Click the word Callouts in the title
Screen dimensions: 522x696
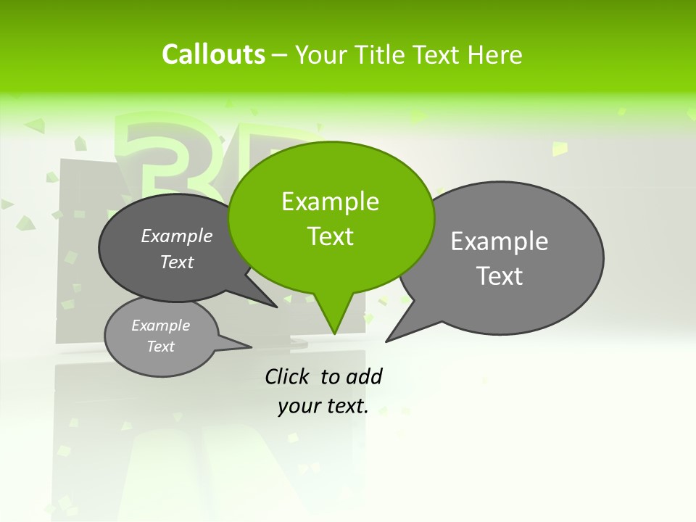[x=213, y=55]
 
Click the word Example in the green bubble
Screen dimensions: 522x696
[x=330, y=202]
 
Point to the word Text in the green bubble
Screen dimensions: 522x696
[x=330, y=236]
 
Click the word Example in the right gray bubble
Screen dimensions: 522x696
[x=500, y=241]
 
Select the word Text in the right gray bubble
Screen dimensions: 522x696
[x=500, y=276]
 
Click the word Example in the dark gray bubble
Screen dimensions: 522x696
[x=177, y=236]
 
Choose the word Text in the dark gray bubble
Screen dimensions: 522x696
[x=177, y=262]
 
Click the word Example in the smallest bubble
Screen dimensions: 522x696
[x=161, y=326]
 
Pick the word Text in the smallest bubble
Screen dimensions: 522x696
[x=161, y=347]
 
